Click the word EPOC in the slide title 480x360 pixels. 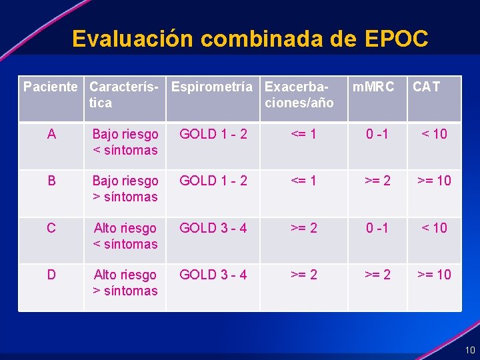[x=397, y=39]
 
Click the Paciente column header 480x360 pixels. [x=51, y=87]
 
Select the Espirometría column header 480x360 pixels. [x=212, y=87]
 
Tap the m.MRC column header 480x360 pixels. [x=373, y=87]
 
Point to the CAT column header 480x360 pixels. [x=426, y=87]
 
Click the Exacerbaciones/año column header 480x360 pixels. [x=299, y=95]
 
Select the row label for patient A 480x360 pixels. [x=51, y=134]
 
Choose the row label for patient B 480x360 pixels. [x=51, y=181]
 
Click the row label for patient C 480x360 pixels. [x=51, y=228]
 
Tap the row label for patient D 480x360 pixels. [x=51, y=275]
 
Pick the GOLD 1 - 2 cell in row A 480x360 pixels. [x=213, y=134]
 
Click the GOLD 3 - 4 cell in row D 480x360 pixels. [x=213, y=275]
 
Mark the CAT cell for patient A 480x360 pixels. [x=434, y=134]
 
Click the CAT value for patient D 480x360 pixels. [x=434, y=275]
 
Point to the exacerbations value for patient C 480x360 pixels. [x=303, y=228]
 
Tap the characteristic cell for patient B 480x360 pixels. [x=125, y=189]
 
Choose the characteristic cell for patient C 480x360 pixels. [x=125, y=236]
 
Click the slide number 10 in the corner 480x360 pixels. [x=470, y=350]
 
